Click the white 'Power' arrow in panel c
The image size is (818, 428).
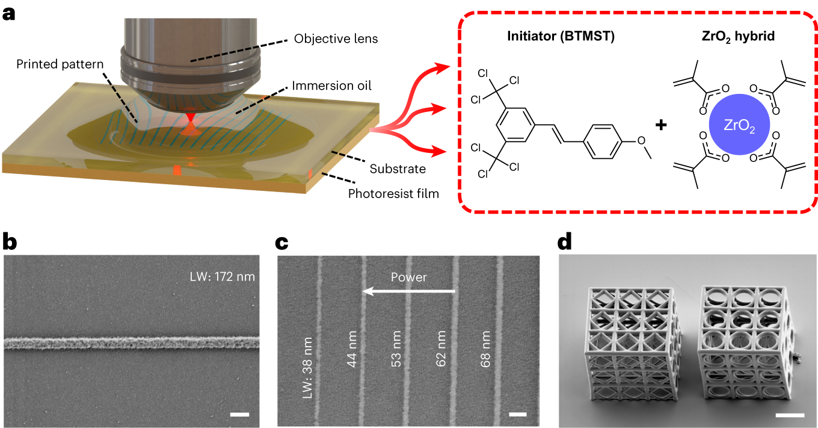[408, 291]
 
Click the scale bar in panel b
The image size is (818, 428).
[239, 414]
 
